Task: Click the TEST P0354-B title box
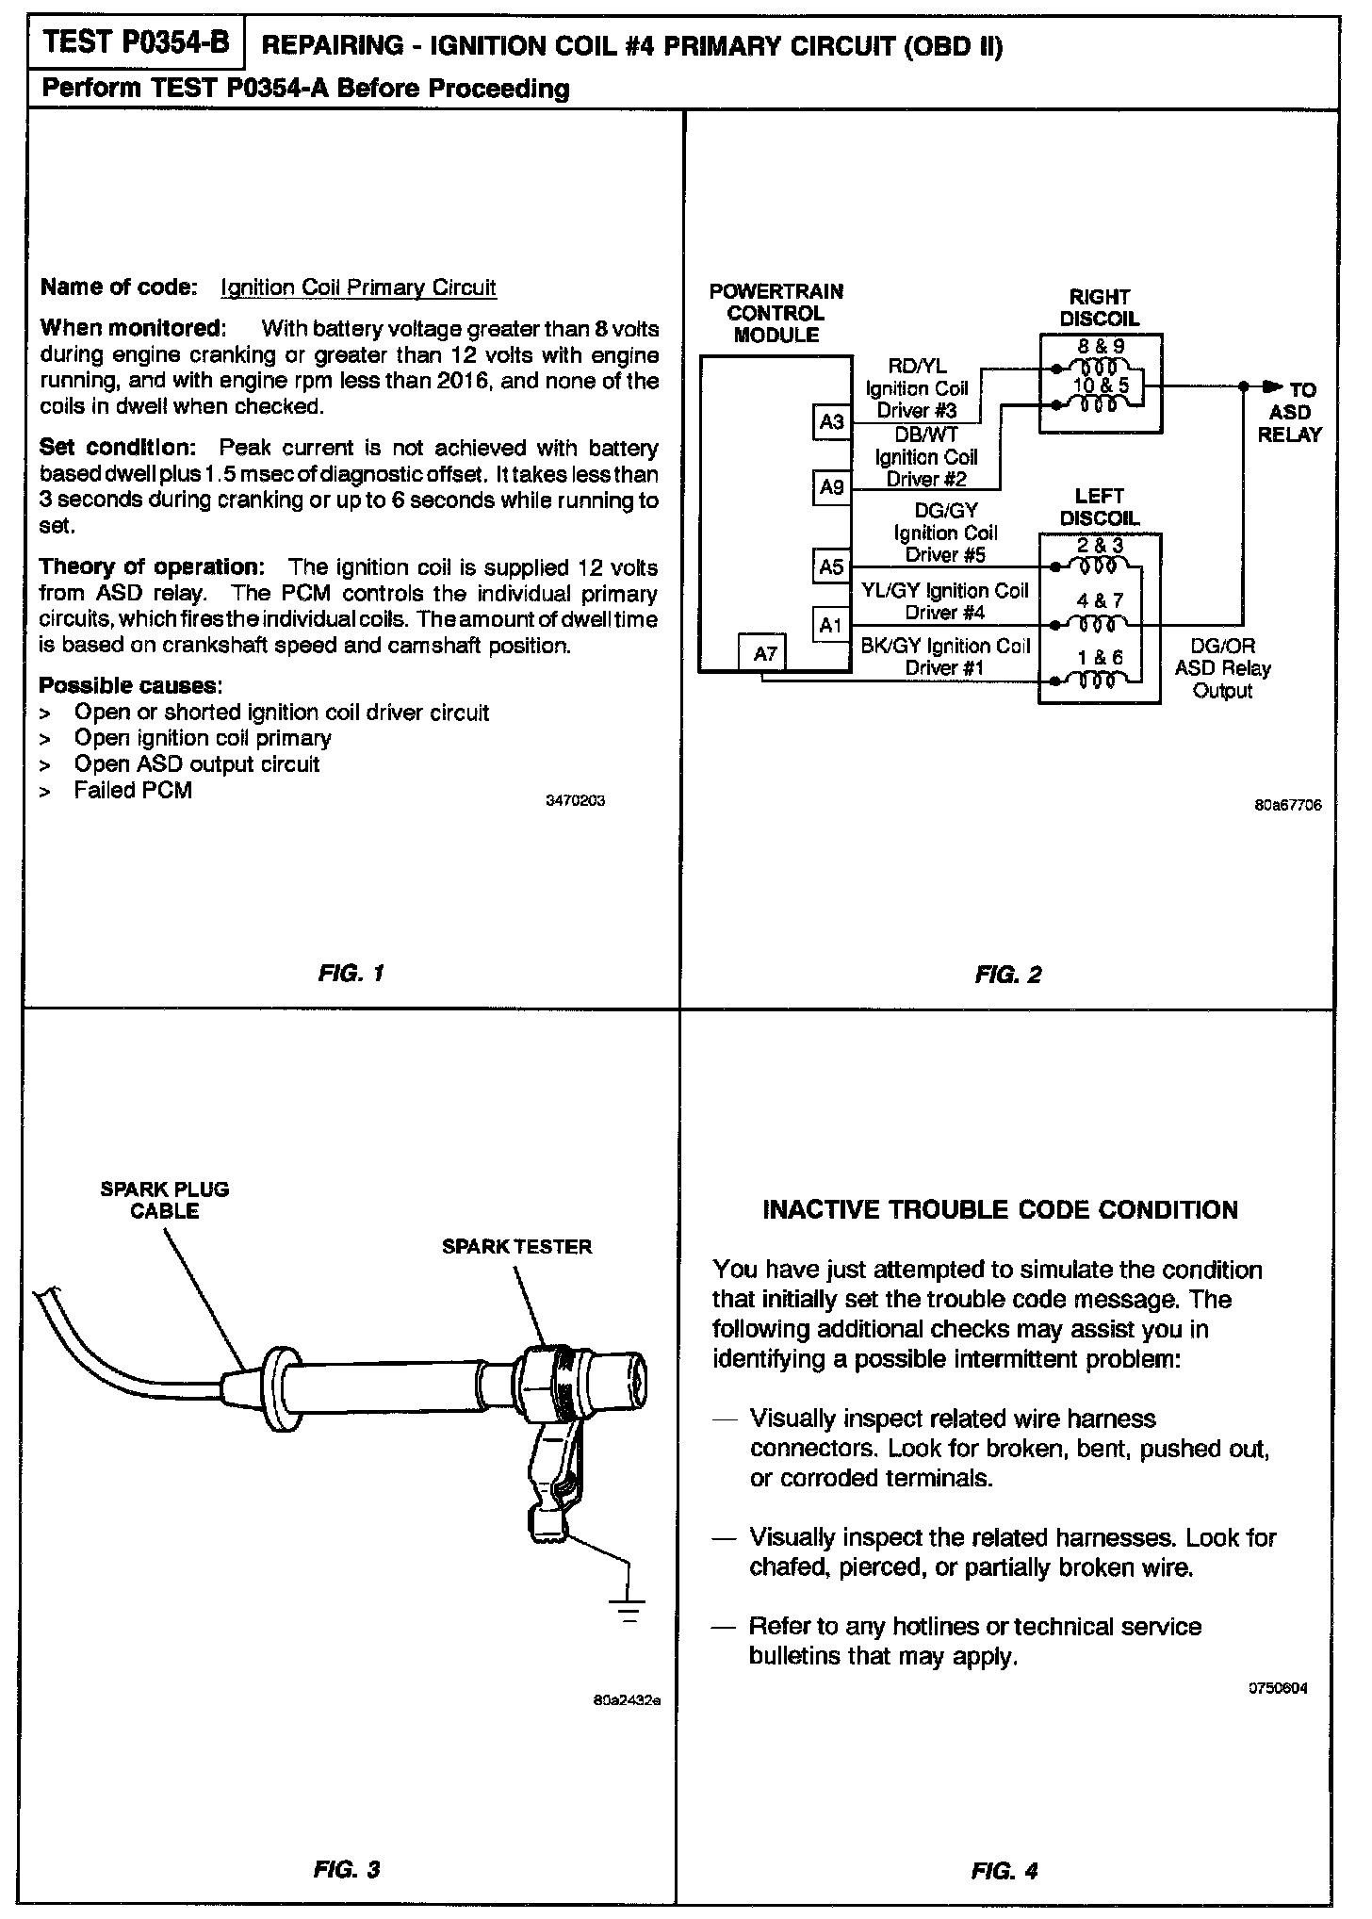click(x=138, y=43)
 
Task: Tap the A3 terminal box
click(x=831, y=422)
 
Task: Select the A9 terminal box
click(x=831, y=486)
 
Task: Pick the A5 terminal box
click(x=831, y=566)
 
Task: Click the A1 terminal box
click(x=831, y=624)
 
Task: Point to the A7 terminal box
click(x=764, y=652)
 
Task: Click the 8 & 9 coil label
click(x=1100, y=347)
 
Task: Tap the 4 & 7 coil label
click(x=1100, y=600)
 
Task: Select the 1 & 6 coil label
click(x=1100, y=657)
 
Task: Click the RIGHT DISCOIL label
click(x=1099, y=308)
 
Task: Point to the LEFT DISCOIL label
click(x=1099, y=507)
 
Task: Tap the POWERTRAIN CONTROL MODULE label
click(x=776, y=313)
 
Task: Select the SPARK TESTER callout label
click(x=516, y=1247)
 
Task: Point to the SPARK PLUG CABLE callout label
click(x=165, y=1200)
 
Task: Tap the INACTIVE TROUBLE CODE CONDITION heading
click(x=1000, y=1210)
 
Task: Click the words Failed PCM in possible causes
click(x=133, y=790)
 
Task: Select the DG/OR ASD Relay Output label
click(x=1222, y=668)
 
